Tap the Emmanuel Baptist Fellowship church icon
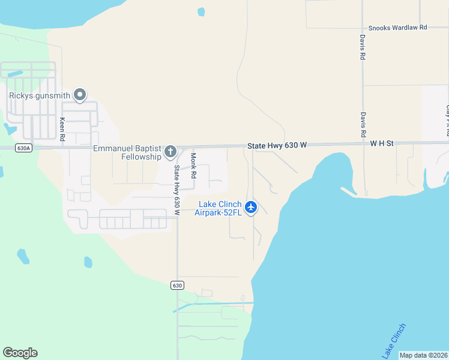tap(170, 151)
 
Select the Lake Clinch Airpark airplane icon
tap(251, 208)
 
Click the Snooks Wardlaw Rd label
tap(397, 28)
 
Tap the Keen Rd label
tap(62, 127)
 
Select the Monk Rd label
tap(193, 165)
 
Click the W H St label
tap(381, 143)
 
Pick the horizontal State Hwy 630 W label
tap(277, 146)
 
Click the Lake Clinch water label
tap(394, 341)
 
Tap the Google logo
tap(20, 353)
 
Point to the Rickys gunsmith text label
tap(40, 95)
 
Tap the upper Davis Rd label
tap(363, 46)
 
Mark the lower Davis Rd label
tap(363, 124)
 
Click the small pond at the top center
tap(201, 11)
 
